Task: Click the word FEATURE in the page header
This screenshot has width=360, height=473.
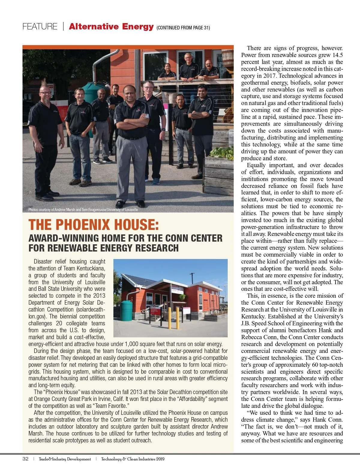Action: click(x=40, y=27)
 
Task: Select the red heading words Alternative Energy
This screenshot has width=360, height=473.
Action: click(x=111, y=27)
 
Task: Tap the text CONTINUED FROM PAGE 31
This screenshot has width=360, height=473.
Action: click(x=183, y=28)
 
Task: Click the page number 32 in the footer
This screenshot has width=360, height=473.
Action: click(x=25, y=459)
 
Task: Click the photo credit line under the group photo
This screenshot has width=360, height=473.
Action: click(x=83, y=209)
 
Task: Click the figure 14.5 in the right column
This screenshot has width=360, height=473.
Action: click(x=337, y=55)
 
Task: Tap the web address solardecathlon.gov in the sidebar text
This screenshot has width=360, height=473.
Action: click(x=67, y=313)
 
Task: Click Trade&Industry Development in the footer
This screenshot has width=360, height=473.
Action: click(x=65, y=459)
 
